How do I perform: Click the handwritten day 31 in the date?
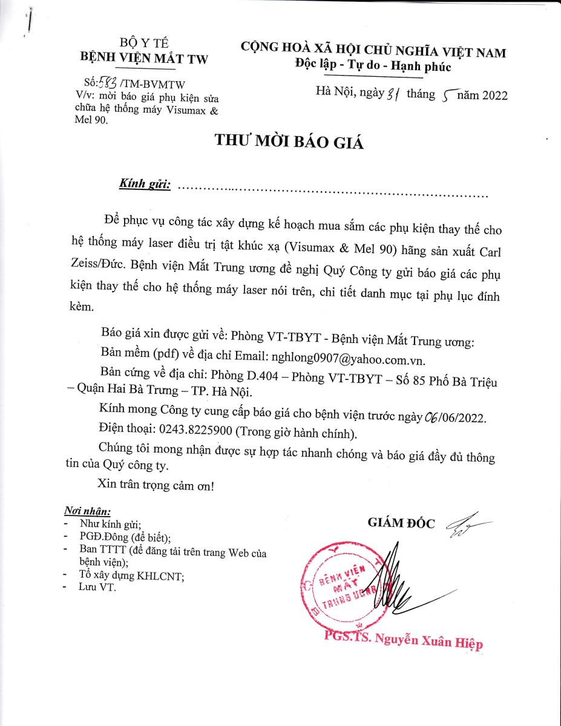pos(395,94)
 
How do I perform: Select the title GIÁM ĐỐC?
pos(401,523)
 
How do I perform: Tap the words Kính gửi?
pos(145,183)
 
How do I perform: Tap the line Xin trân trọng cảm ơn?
pos(156,485)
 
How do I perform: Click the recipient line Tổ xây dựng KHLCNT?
pos(131,576)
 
